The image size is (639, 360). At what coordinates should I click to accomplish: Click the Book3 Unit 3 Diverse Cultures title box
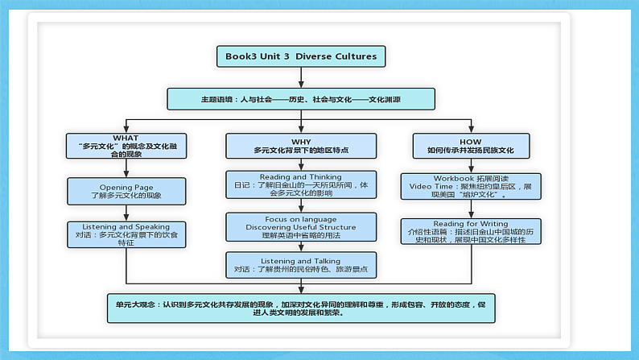(301, 56)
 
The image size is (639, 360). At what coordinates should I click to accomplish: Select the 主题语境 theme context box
(301, 99)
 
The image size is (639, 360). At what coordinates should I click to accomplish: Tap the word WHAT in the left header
(126, 138)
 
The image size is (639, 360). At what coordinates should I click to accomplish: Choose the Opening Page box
(126, 191)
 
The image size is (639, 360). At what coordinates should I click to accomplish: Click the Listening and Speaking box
(126, 234)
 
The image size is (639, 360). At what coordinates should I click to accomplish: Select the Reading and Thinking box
(300, 184)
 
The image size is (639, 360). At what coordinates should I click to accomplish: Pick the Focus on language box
(300, 226)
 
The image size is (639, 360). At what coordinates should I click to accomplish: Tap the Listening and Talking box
(300, 265)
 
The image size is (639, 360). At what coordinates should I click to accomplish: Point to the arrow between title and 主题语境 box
(301, 77)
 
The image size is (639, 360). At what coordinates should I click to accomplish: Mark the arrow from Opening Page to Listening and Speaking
(126, 212)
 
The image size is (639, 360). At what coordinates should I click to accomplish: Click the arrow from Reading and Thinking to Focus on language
(300, 205)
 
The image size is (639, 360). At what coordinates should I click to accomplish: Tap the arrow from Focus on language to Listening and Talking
(300, 247)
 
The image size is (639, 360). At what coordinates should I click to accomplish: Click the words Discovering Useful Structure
(300, 226)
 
